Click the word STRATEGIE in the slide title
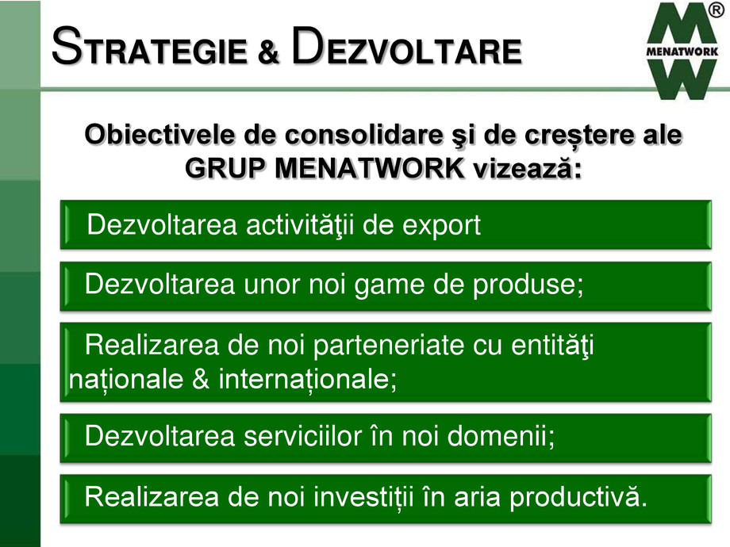pos(149,47)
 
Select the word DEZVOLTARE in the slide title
pos(406,46)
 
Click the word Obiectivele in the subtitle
pos(160,135)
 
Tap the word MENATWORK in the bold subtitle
pos(370,168)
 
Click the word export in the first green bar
pos(441,226)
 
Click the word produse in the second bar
pos(525,285)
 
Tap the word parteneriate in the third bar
pos(389,346)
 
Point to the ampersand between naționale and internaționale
pos(201,379)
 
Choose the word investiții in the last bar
pos(363,497)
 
